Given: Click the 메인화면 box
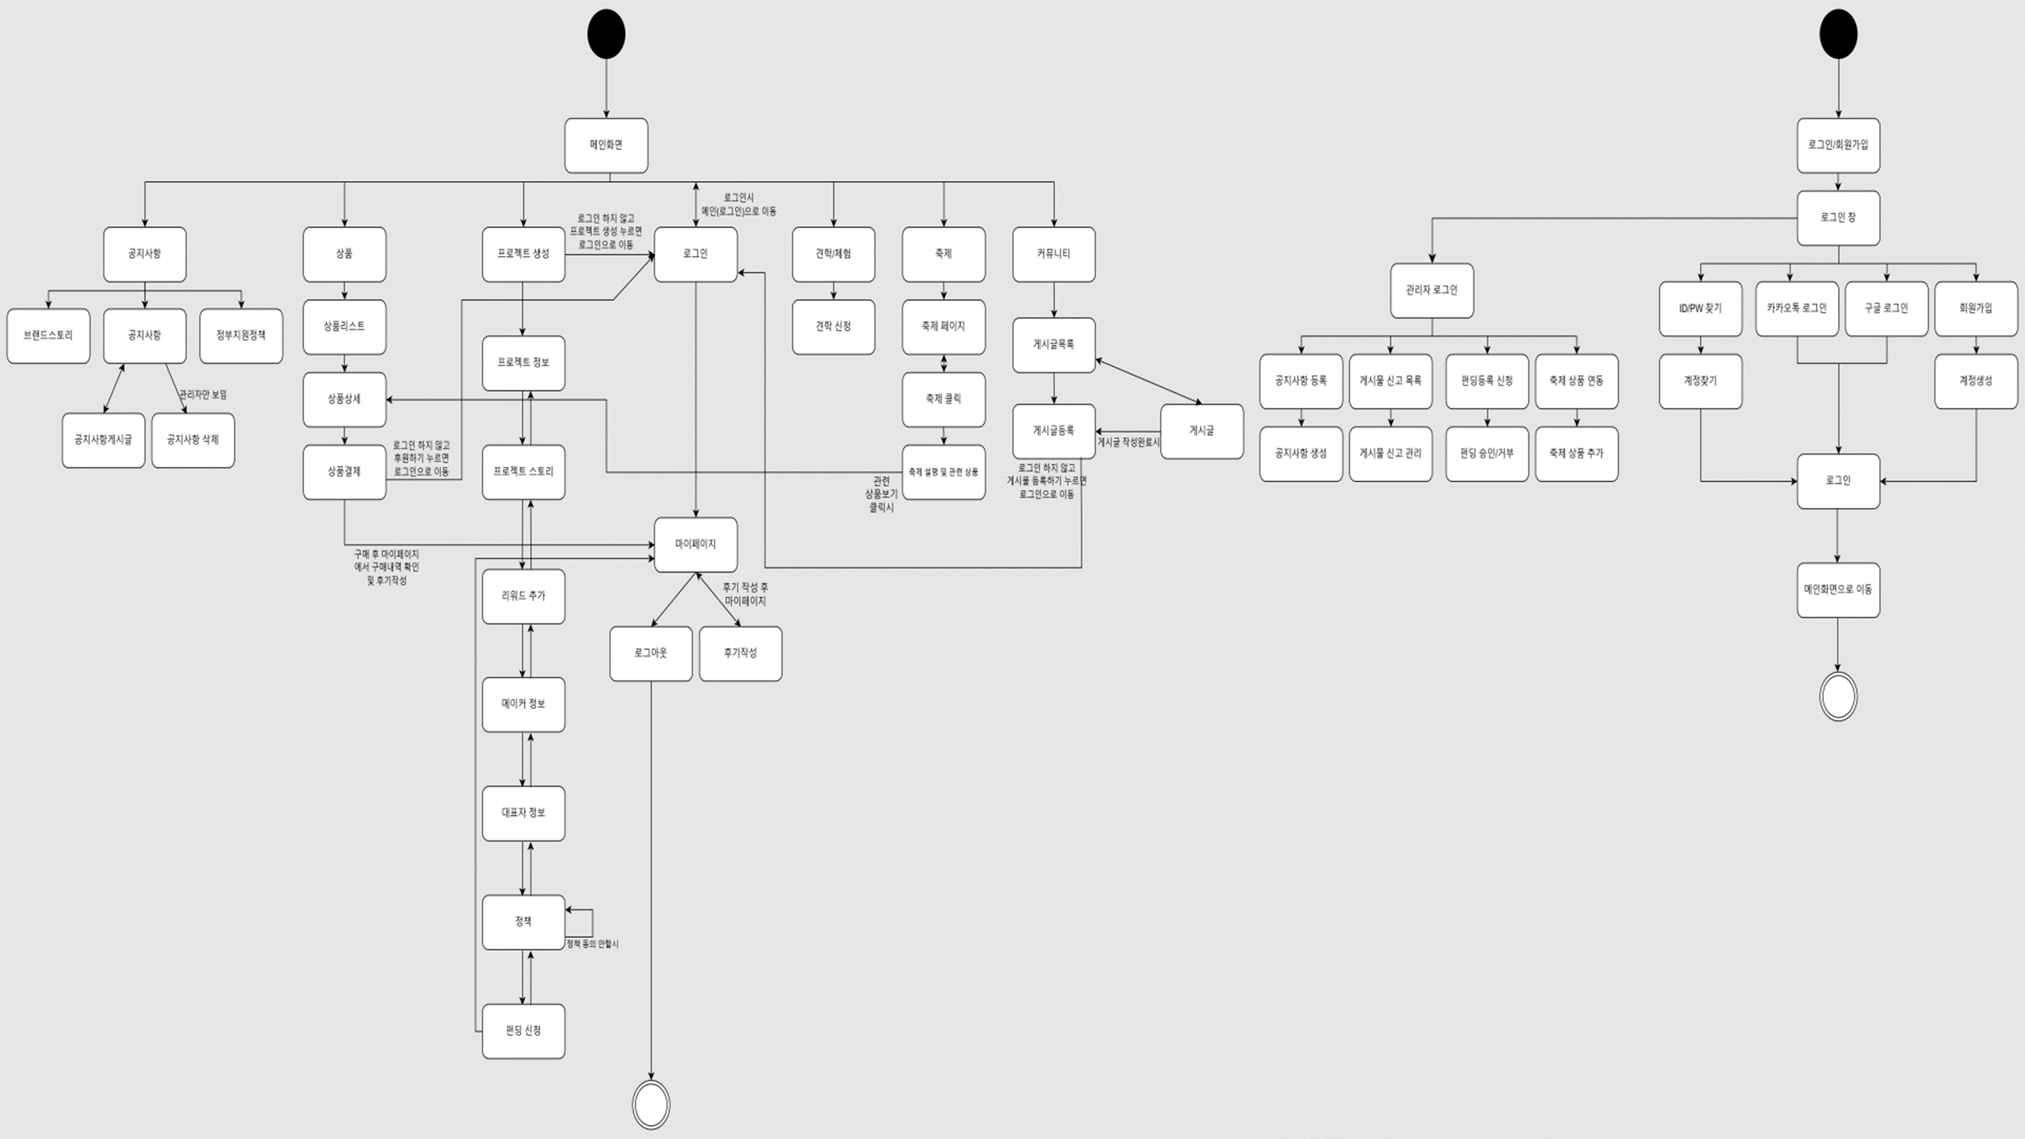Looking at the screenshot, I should pyautogui.click(x=606, y=145).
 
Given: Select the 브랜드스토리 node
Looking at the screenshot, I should pyautogui.click(x=49, y=336).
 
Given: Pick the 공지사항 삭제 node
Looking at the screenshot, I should pyautogui.click(x=192, y=440).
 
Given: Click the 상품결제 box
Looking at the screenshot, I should pyautogui.click(x=344, y=472).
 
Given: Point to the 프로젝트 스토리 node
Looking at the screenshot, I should pyautogui.click(x=524, y=472).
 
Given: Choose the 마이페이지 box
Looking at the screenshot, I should pyautogui.click(x=696, y=544).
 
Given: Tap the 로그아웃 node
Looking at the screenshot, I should pyautogui.click(x=651, y=653).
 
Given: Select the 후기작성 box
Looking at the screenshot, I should pyautogui.click(x=740, y=653).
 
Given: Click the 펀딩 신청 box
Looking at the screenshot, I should pyautogui.click(x=524, y=1030).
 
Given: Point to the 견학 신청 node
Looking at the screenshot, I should pyautogui.click(x=833, y=326).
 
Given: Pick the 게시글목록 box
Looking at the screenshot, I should pyautogui.click(x=1054, y=344).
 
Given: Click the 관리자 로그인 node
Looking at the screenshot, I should pyautogui.click(x=1432, y=290).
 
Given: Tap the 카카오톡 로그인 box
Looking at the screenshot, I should pyautogui.click(x=1797, y=308).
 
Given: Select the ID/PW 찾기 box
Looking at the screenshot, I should pyautogui.click(x=1700, y=308).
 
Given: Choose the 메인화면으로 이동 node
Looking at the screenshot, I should pyautogui.click(x=1838, y=589).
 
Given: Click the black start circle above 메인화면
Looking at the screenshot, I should pyautogui.click(x=606, y=34).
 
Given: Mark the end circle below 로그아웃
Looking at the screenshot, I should pyautogui.click(x=651, y=1105).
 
